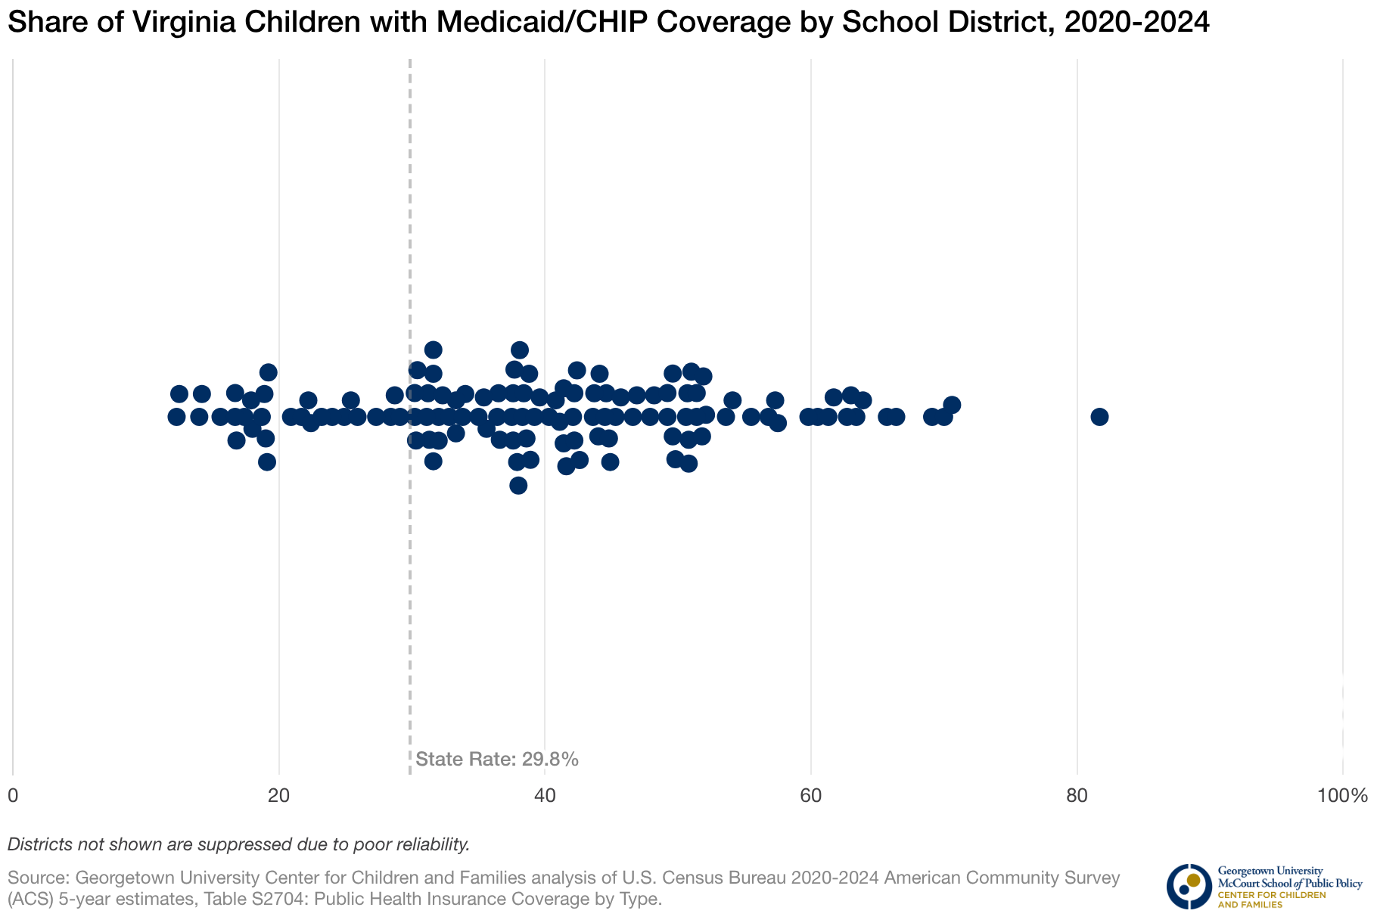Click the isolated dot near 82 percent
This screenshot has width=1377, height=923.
1099,417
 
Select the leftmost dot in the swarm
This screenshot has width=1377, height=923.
176,417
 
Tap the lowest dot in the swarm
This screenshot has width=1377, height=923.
518,486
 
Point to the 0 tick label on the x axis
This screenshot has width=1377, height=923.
13,796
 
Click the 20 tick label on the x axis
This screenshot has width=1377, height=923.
279,796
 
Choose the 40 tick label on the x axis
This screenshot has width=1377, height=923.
545,796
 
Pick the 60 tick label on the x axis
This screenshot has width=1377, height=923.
811,796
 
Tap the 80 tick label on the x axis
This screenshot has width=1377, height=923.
1077,796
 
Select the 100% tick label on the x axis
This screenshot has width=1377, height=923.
1342,796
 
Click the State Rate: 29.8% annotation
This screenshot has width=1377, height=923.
497,760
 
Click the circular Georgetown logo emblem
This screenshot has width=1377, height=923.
1189,886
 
